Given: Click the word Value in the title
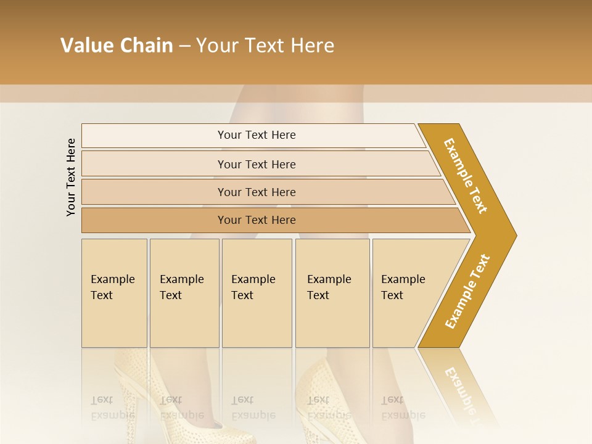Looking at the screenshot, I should (x=86, y=46).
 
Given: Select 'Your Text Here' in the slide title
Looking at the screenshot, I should (x=265, y=46).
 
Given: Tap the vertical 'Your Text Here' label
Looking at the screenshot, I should (x=71, y=177).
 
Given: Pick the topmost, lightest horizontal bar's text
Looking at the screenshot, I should (x=257, y=135).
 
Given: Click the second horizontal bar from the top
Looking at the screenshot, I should (x=257, y=164).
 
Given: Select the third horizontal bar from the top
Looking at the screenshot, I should (x=257, y=192).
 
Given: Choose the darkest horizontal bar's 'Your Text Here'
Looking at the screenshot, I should (x=257, y=220).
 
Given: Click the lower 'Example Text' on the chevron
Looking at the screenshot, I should (x=467, y=291).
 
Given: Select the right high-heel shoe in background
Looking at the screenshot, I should (x=321, y=395).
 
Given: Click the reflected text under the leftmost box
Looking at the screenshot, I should (x=113, y=408).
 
